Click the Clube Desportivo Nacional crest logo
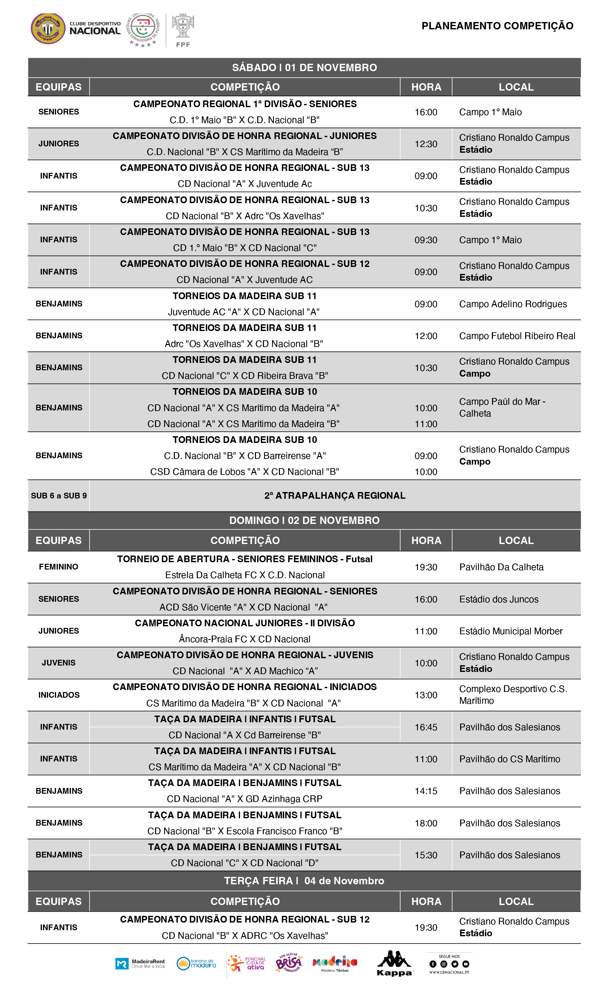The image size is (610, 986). (48, 28)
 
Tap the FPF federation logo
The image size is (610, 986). (183, 30)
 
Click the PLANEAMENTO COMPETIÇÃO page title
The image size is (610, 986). (497, 26)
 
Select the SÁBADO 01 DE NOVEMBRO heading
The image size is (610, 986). (304, 67)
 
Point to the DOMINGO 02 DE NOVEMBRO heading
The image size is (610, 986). (304, 520)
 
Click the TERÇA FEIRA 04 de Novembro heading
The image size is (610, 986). (304, 881)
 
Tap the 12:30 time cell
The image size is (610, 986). (426, 144)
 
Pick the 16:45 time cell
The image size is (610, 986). (426, 727)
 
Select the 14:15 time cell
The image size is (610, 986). (426, 791)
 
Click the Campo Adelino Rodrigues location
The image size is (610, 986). (513, 304)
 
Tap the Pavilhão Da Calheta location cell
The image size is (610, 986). (501, 567)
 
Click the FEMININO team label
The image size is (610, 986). (58, 567)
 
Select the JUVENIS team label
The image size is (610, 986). (58, 663)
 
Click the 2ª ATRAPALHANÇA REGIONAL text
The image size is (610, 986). (334, 496)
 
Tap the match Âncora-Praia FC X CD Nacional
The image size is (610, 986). (245, 639)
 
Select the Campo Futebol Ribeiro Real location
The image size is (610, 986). (517, 336)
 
